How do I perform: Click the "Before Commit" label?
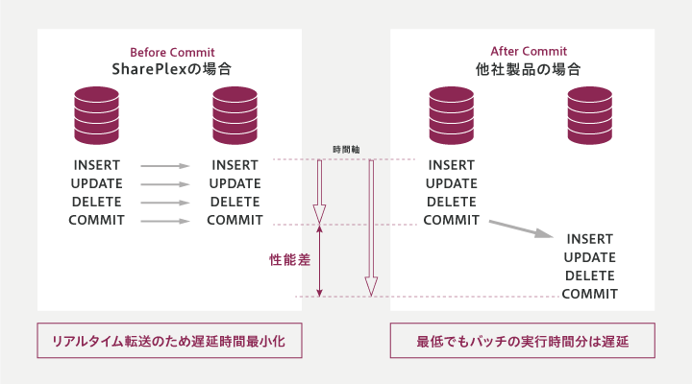click(x=171, y=52)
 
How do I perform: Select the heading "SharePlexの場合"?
click(x=171, y=69)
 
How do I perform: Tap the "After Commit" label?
click(x=530, y=52)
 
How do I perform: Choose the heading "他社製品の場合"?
click(x=530, y=69)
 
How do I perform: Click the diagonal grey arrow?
click(x=521, y=228)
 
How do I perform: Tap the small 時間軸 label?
click(x=346, y=149)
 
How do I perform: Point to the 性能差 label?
click(x=289, y=259)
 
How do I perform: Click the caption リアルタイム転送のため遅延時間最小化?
click(x=170, y=342)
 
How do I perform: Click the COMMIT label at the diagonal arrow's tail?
click(x=452, y=220)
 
